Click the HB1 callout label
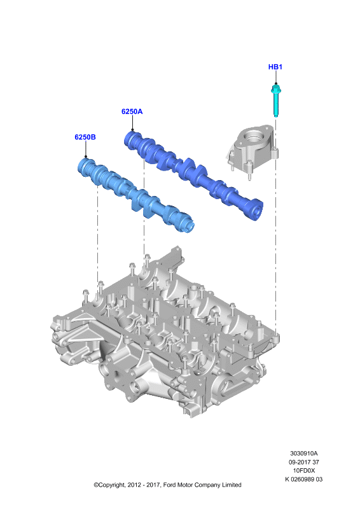[275, 67]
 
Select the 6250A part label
[132, 111]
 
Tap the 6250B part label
[85, 137]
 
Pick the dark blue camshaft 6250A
[193, 176]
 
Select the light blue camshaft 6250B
[135, 195]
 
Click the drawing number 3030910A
[304, 453]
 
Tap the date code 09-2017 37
[304, 462]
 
